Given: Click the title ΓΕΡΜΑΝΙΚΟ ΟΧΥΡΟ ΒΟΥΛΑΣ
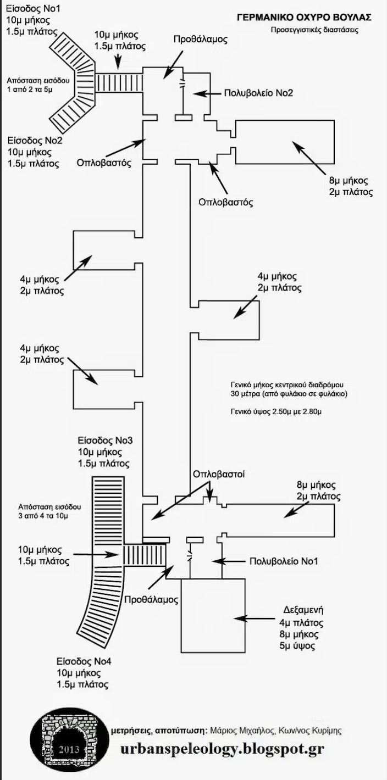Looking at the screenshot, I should [x=303, y=18].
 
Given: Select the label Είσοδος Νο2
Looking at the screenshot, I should [x=35, y=141].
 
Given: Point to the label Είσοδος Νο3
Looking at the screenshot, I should [x=105, y=441].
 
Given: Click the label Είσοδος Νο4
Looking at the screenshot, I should [x=84, y=661].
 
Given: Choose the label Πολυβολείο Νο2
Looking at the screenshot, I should [x=258, y=93].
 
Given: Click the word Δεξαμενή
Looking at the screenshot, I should [x=302, y=610].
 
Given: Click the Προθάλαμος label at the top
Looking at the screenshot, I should [x=200, y=40].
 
